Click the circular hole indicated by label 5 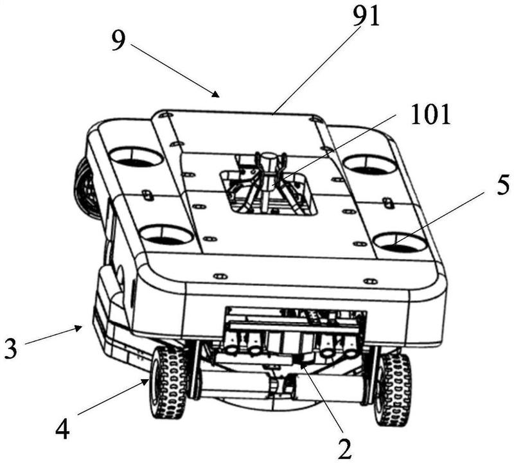[x=400, y=243]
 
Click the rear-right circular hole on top [x=369, y=165]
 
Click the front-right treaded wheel [x=393, y=389]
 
